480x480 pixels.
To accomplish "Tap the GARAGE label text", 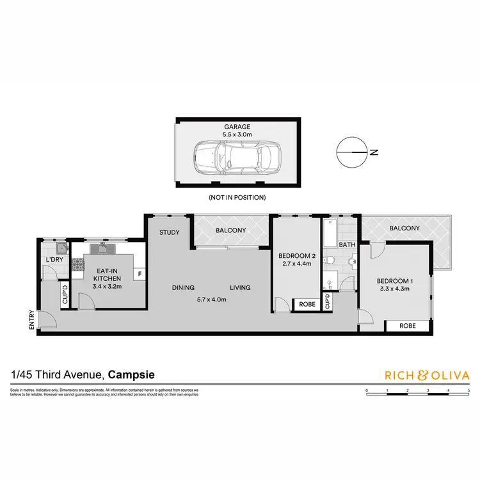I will tap(237, 127).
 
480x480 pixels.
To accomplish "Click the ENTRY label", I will tap(31, 319).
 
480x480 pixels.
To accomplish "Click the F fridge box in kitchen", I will tap(139, 274).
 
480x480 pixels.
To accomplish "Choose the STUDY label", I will tap(170, 232).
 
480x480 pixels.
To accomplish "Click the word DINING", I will tap(183, 287).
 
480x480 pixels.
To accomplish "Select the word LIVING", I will tap(240, 287).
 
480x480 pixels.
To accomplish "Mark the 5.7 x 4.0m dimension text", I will tap(212, 300).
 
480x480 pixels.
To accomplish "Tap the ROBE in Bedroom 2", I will tap(307, 305).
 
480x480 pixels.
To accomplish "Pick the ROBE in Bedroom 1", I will tap(407, 326).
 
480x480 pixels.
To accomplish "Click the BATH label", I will tap(347, 244).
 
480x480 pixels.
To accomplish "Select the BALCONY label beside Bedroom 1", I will tap(403, 228).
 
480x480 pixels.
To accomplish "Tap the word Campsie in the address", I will tap(131, 374).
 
